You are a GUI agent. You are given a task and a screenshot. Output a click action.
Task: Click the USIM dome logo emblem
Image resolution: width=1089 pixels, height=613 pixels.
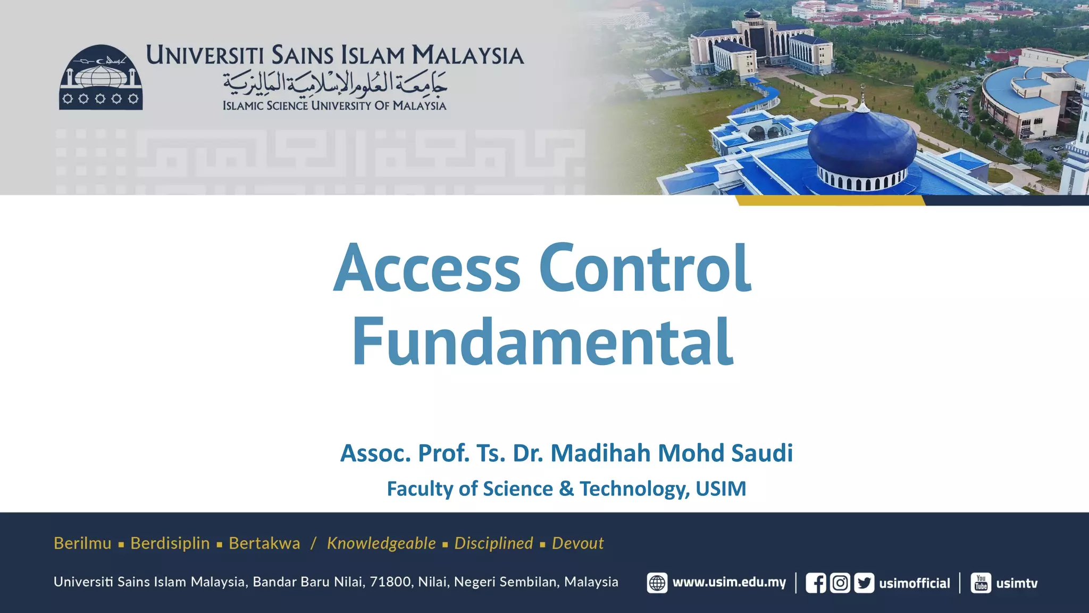(x=100, y=78)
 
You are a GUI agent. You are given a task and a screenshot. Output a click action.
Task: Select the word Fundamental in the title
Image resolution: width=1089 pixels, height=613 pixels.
(x=542, y=342)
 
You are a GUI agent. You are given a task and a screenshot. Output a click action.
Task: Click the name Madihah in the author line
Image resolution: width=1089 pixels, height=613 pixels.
(x=600, y=453)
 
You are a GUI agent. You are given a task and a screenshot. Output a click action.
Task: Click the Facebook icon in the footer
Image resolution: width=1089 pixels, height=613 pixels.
(x=816, y=583)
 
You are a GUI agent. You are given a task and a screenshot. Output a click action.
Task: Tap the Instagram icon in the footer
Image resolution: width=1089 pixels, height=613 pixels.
(x=840, y=583)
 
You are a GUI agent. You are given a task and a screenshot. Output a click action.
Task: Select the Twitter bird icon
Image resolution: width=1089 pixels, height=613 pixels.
(x=864, y=583)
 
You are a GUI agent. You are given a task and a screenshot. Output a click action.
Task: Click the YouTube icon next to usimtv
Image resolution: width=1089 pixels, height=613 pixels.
(x=981, y=583)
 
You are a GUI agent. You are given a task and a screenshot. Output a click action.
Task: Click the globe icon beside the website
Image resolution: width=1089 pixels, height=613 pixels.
(x=657, y=583)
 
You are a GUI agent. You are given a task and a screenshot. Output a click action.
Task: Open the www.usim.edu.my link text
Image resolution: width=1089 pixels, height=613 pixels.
(x=729, y=583)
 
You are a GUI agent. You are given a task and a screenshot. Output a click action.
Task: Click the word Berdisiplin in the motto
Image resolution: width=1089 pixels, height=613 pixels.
(x=170, y=543)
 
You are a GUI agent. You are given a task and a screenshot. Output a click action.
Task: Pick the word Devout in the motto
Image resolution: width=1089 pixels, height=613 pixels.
(x=577, y=543)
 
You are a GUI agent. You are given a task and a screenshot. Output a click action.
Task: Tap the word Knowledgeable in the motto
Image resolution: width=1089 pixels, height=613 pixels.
(x=381, y=543)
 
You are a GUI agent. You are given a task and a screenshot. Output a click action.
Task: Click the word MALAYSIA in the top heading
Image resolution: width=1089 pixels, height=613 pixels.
(x=468, y=56)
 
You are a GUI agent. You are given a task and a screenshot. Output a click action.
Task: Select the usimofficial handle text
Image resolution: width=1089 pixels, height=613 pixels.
(x=915, y=584)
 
